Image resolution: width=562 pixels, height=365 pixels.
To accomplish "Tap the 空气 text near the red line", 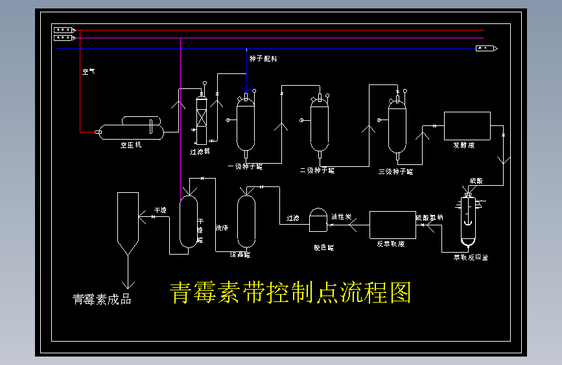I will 89,72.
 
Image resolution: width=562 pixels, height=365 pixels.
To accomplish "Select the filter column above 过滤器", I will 201,121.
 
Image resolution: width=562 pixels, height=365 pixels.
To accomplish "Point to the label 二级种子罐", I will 317,171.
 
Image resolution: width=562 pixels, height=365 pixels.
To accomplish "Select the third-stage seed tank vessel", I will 397,127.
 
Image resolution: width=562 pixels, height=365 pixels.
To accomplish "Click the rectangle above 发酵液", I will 467,125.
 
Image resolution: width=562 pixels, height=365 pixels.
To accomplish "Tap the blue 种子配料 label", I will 263,58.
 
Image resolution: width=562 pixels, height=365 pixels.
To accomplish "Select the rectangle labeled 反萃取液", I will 392,225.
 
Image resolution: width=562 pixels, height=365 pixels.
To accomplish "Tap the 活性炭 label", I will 342,216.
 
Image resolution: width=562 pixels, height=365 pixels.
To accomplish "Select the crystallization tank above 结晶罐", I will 246,221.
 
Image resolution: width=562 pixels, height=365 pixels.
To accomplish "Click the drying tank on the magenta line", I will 188,221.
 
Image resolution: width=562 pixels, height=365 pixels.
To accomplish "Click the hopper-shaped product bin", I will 128,224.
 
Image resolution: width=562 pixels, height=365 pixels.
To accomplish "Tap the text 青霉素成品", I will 102,299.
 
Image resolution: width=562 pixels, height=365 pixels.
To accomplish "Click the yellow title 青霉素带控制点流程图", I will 290,293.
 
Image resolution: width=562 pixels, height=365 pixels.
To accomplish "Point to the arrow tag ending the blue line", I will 486,49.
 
